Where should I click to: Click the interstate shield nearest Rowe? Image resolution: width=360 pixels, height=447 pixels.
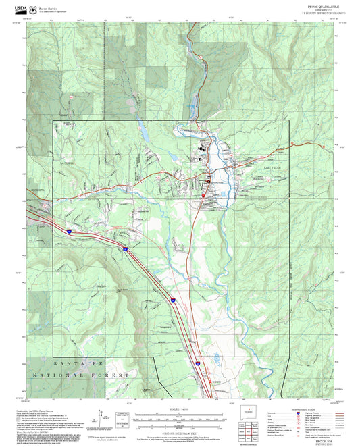[x=198, y=363]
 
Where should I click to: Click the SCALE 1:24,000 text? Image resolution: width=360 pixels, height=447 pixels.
[x=174, y=410]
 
